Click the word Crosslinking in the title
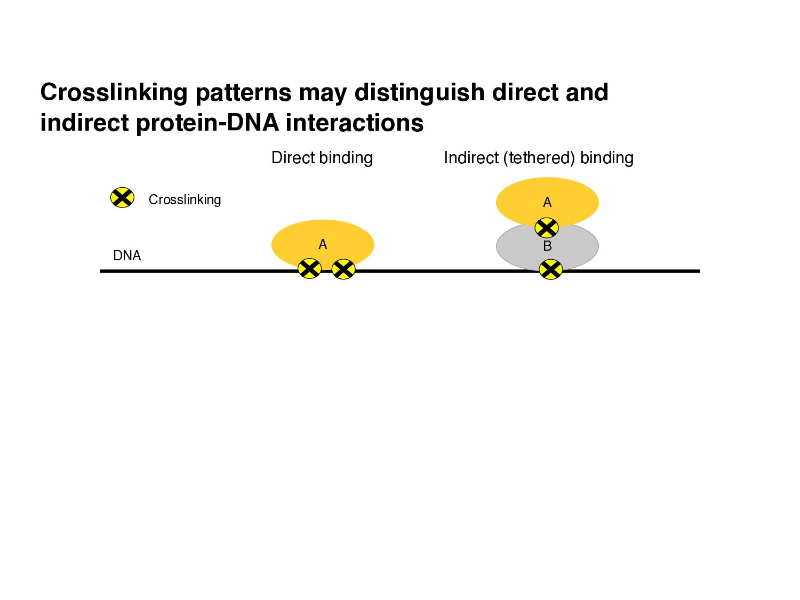114,92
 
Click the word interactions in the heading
355,123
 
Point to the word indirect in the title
85,123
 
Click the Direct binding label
322,158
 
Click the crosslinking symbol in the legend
122,198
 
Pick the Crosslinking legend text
185,200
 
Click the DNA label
127,256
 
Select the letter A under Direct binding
323,244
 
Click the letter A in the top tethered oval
547,203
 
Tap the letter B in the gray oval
547,246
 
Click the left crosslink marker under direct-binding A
309,269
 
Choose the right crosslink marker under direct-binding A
343,269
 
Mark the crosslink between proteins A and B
547,228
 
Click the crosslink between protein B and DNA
550,269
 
